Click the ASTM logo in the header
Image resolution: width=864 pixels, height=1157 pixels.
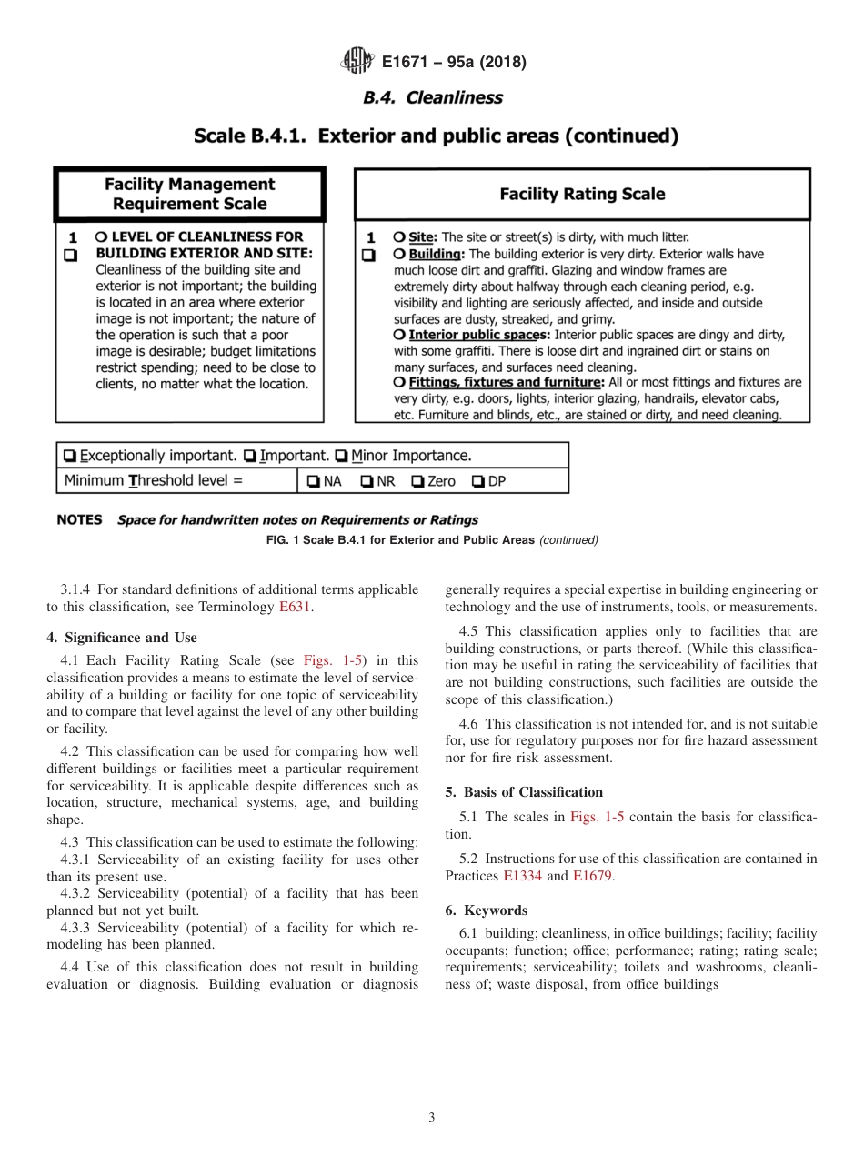pos(357,62)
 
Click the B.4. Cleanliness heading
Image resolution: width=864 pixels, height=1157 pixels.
pos(432,97)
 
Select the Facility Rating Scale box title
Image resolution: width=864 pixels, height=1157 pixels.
pos(582,194)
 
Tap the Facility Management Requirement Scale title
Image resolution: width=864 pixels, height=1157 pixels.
pos(189,194)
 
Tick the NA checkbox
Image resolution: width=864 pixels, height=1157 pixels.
pos(312,481)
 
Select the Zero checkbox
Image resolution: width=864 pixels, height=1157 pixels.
pos(417,481)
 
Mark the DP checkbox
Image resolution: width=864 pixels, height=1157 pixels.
pos(477,481)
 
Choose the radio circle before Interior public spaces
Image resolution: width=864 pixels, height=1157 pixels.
pos(399,335)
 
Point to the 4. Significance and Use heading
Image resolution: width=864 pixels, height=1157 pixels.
pos(121,638)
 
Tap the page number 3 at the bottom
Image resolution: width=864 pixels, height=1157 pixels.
pos(431,1117)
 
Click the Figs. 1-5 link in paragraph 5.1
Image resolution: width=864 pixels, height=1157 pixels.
pos(596,817)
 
